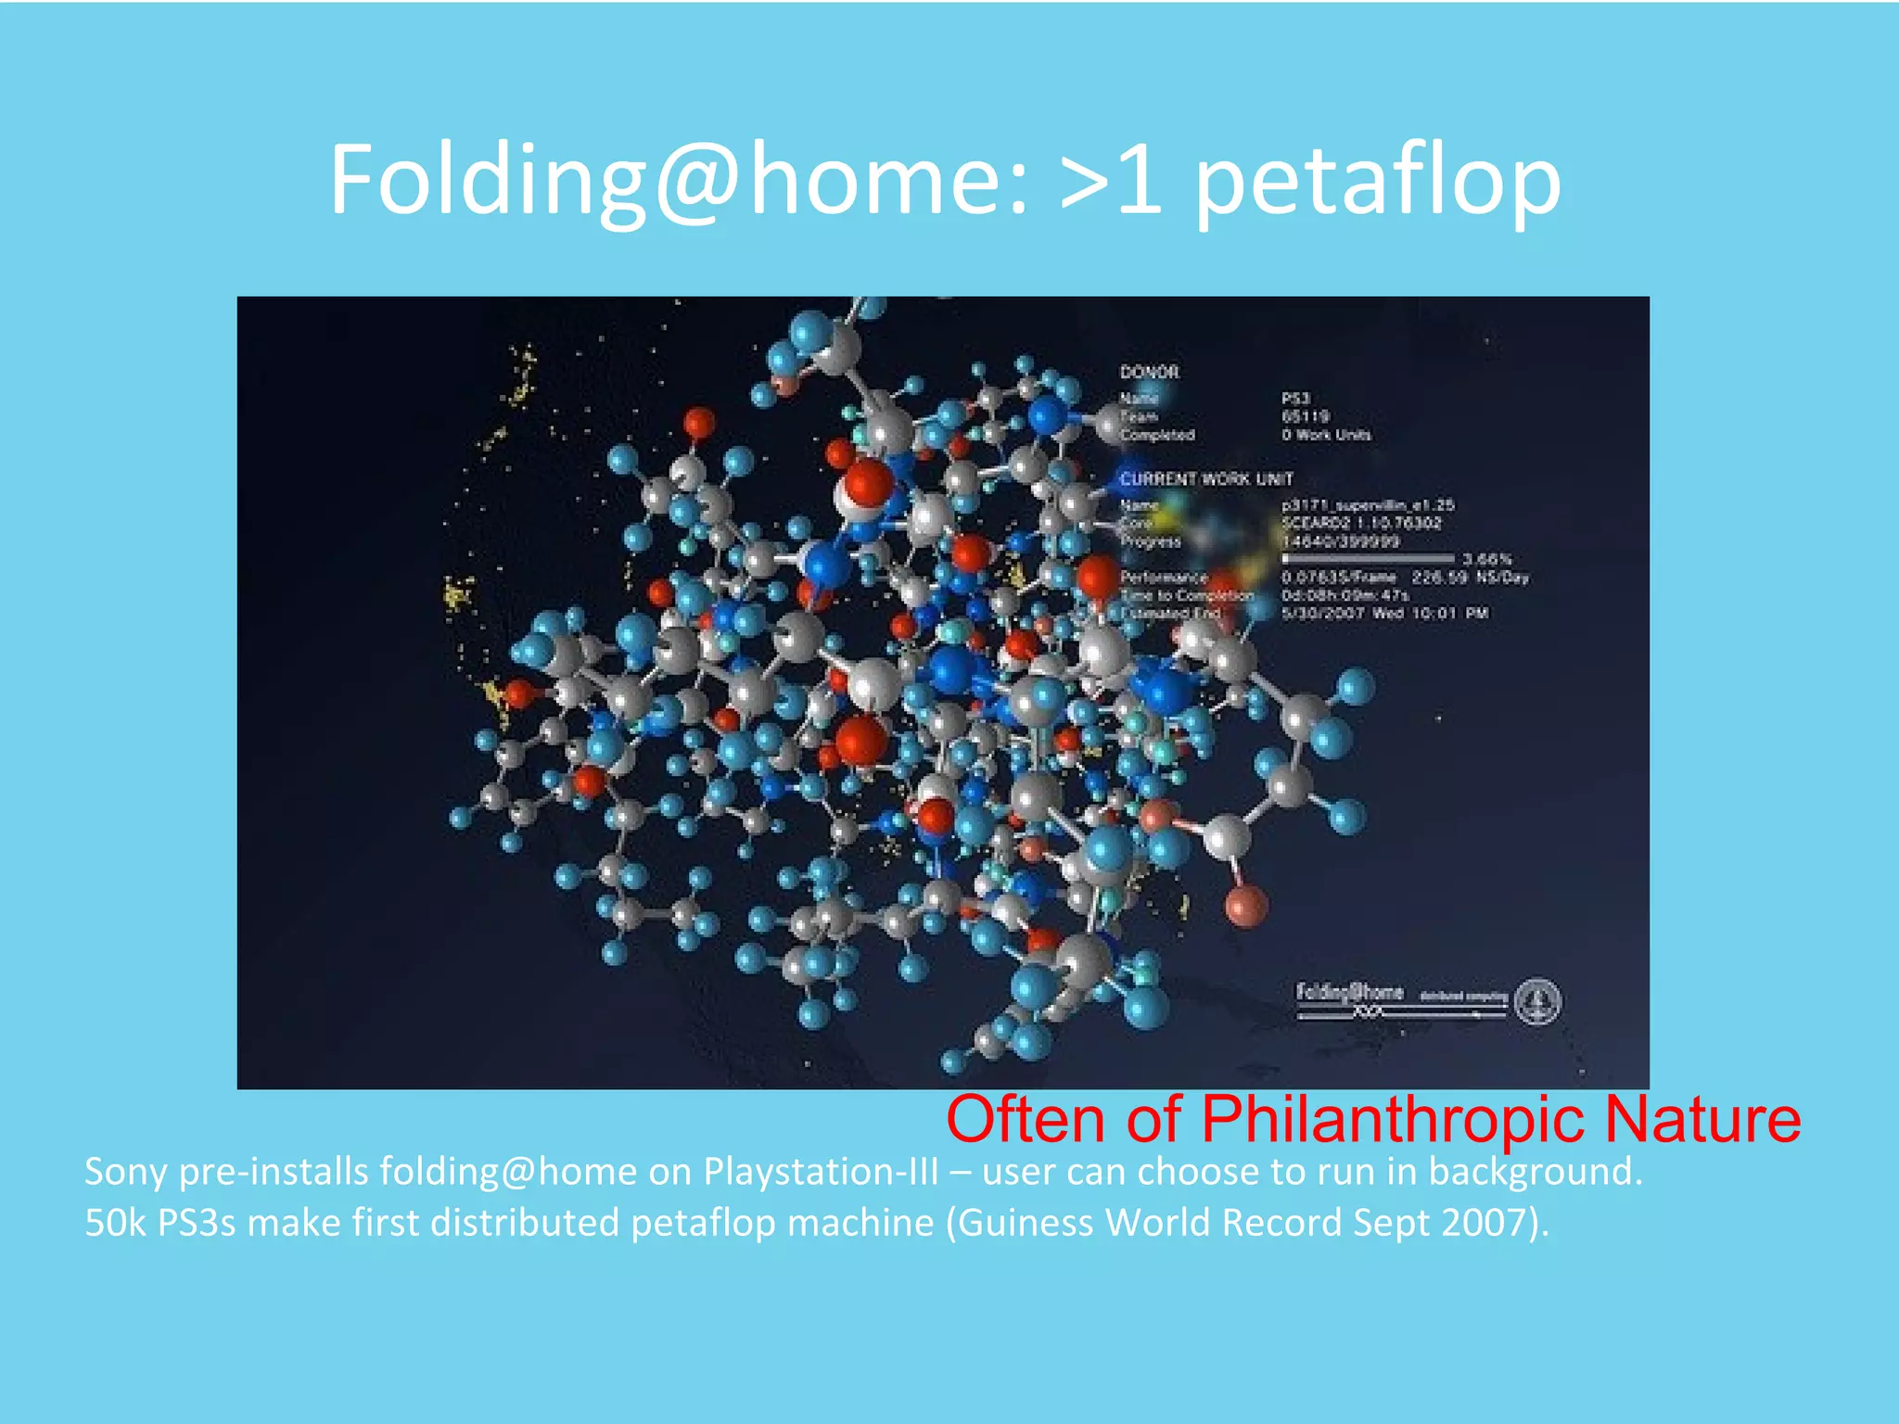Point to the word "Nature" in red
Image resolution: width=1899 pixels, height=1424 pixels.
tap(1702, 1119)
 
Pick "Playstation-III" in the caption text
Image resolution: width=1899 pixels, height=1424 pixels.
tap(821, 1172)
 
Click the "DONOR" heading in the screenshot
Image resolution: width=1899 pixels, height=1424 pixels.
tap(1149, 372)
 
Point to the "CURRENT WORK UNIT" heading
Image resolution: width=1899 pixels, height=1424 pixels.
tap(1206, 478)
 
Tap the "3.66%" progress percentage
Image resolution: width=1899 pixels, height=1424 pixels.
tap(1486, 559)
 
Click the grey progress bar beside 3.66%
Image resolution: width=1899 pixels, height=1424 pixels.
tap(1368, 559)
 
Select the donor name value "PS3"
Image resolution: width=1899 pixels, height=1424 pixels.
tap(1296, 398)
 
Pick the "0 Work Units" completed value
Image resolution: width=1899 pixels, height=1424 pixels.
tap(1326, 434)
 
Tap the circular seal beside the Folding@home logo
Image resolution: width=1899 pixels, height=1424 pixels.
tap(1537, 1000)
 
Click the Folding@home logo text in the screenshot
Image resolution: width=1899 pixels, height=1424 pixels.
tap(1349, 992)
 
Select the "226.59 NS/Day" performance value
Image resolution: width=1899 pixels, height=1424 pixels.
tap(1470, 578)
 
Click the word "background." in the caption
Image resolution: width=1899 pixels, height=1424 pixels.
tap(1535, 1172)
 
